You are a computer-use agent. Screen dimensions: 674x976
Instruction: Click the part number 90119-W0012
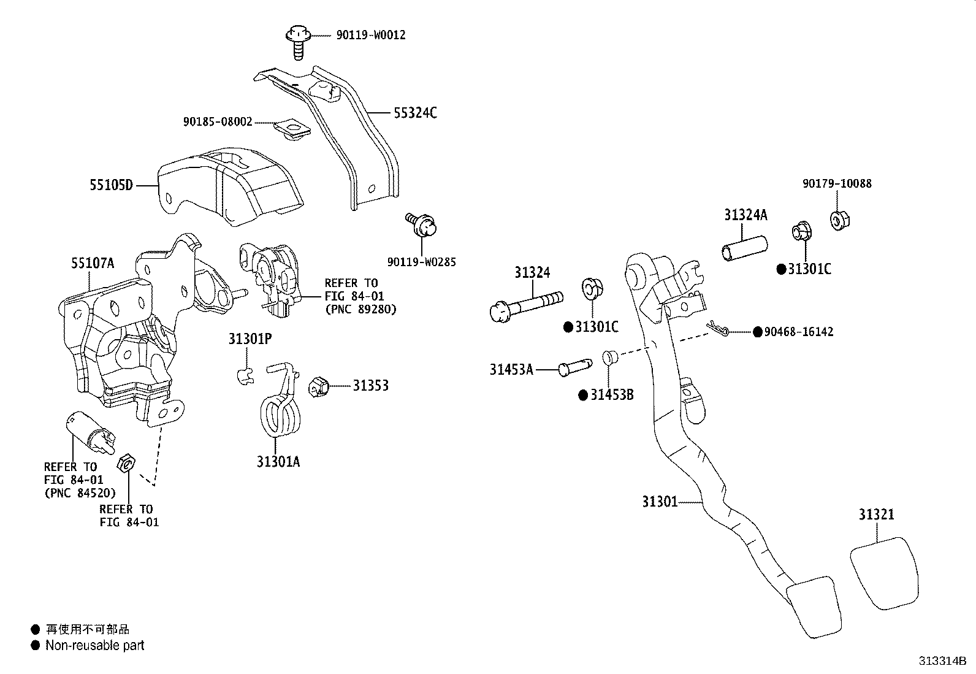tap(370, 36)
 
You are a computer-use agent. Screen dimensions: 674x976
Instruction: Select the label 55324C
tap(415, 113)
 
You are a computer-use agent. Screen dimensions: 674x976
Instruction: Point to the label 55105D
tap(111, 184)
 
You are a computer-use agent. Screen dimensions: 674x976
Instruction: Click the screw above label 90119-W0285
tap(422, 226)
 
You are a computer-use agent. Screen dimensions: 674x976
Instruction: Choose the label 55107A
tap(93, 264)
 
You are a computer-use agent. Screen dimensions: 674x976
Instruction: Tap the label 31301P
tap(250, 339)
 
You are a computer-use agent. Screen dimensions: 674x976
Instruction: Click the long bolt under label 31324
tap(526, 304)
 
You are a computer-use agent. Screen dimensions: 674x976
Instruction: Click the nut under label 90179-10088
tap(838, 220)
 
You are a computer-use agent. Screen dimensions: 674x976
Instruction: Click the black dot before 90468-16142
tap(758, 332)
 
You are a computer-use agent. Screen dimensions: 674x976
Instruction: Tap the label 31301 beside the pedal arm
tap(660, 502)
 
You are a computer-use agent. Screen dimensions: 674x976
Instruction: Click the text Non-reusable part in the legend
tap(95, 645)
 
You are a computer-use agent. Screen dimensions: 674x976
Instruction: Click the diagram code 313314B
tap(942, 661)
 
